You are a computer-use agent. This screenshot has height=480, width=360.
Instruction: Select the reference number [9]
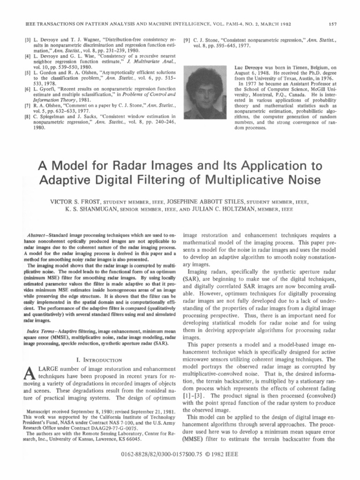tap(187, 41)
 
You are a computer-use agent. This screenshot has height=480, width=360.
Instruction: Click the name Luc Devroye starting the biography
tap(247, 67)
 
